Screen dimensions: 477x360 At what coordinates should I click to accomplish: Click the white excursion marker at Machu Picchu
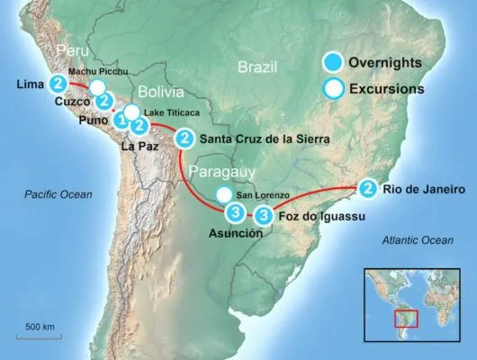pos(97,87)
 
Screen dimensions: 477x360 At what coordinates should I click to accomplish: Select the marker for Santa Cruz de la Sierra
pos(184,139)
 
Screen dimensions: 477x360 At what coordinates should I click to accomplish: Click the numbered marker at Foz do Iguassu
pos(263,215)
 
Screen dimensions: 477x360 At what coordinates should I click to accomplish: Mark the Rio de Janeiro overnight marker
pos(367,189)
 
